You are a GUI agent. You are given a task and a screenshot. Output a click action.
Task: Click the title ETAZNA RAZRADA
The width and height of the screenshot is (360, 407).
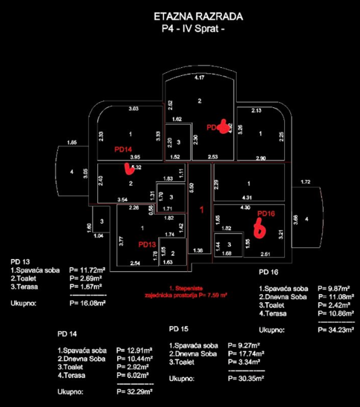(199, 17)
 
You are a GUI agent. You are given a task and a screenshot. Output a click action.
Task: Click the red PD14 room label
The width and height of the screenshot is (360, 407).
(123, 150)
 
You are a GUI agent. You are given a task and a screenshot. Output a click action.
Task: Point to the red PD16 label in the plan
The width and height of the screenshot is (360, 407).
(266, 214)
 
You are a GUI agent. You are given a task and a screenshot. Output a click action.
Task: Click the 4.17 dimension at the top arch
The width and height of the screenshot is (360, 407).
(200, 77)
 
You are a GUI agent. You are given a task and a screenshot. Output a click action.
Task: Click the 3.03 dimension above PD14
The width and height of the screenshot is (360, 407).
(133, 108)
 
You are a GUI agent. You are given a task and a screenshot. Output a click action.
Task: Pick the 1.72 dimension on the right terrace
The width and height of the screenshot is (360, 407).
(306, 182)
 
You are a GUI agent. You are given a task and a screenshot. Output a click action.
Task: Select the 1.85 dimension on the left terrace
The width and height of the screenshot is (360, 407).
(72, 142)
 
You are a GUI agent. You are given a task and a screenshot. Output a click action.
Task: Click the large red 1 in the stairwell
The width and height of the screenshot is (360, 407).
(201, 210)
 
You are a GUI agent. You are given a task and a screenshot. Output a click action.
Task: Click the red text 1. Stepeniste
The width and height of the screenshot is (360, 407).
(184, 288)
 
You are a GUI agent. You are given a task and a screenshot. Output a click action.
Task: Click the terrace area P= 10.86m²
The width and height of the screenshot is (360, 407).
(335, 313)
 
